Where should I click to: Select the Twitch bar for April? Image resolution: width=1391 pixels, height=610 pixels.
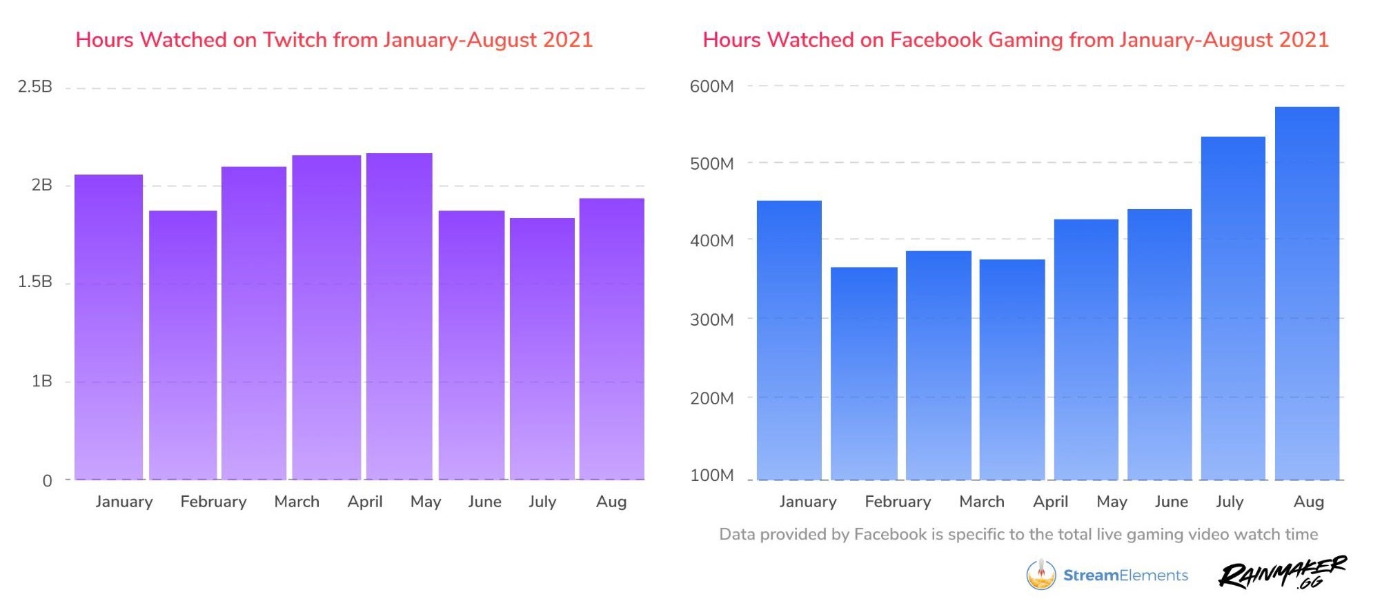(x=326, y=317)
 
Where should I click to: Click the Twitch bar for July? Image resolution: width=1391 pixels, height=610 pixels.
(x=542, y=348)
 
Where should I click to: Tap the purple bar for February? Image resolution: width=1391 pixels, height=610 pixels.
(x=183, y=345)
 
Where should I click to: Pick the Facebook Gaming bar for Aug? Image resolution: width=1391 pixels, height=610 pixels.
(x=1307, y=293)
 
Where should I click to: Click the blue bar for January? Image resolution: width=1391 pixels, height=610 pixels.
(x=789, y=340)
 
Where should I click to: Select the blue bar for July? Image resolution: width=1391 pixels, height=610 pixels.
(x=1233, y=308)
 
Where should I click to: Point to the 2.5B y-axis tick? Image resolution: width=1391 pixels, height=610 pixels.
(x=35, y=87)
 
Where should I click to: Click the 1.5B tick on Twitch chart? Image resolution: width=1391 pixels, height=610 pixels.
(x=35, y=282)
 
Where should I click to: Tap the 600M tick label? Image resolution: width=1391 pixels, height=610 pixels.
(x=711, y=87)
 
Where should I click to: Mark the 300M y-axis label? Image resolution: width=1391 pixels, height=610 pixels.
(x=711, y=319)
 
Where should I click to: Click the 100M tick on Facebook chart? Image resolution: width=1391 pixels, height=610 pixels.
(x=711, y=475)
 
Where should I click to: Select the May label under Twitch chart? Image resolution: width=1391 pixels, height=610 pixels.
(x=426, y=502)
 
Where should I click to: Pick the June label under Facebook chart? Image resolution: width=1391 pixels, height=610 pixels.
(x=1171, y=502)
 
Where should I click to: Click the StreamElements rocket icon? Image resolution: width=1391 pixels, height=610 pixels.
(x=1040, y=575)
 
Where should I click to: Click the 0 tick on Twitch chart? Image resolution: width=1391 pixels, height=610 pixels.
(x=47, y=481)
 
